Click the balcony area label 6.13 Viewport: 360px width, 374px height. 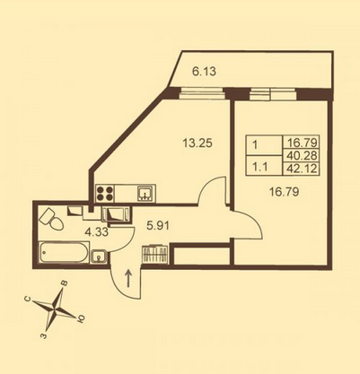click(204, 72)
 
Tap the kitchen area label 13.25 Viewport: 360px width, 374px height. click(198, 144)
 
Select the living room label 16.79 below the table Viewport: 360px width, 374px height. click(284, 192)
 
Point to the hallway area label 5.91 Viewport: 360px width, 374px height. click(158, 226)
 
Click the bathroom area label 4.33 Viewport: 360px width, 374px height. click(96, 232)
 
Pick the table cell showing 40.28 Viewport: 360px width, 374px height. click(302, 155)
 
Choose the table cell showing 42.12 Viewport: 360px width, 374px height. click(302, 170)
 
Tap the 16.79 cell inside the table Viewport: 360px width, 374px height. click(302, 142)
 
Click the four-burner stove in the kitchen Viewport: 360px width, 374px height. click(105, 194)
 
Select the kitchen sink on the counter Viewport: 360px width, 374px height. click(146, 193)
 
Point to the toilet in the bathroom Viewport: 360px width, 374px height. click(51, 220)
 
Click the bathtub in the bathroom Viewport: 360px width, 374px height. click(65, 253)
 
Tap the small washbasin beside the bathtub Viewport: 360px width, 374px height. click(99, 257)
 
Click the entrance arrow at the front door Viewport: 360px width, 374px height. click(128, 278)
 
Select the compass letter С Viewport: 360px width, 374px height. click(28, 299)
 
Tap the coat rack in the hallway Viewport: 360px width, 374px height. click(154, 255)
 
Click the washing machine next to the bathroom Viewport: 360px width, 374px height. click(117, 214)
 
